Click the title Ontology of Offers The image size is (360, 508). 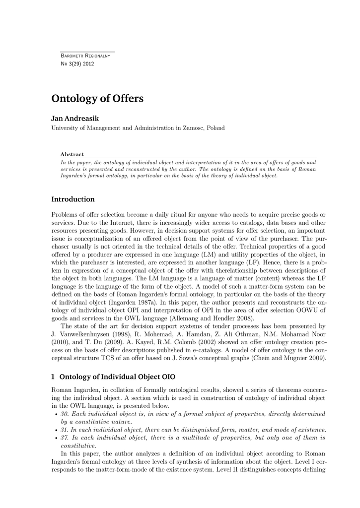(x=97, y=99)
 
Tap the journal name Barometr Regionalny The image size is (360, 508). (x=85, y=56)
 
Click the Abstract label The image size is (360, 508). (x=72, y=154)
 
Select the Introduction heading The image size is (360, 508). (x=73, y=199)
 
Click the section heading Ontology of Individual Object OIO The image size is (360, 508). (x=117, y=377)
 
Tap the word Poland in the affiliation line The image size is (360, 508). (x=216, y=128)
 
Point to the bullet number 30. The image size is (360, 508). (x=65, y=414)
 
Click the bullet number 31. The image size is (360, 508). (x=65, y=430)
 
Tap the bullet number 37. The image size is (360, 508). (x=65, y=438)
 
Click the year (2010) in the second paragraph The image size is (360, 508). (x=60, y=342)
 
